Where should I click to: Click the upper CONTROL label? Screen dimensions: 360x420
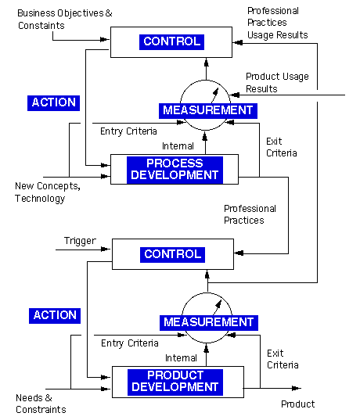tap(171, 41)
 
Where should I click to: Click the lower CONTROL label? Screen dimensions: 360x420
tap(172, 254)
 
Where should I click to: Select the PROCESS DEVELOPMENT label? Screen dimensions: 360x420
tap(175, 170)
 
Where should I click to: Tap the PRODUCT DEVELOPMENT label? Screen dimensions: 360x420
tap(175, 382)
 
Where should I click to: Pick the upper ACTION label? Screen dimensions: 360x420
tap(54, 103)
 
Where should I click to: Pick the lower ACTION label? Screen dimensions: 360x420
tap(55, 315)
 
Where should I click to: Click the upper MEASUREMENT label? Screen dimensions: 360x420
tap(208, 110)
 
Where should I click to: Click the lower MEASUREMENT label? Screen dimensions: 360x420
tap(209, 323)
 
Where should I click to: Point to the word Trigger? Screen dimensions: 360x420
tap(80, 241)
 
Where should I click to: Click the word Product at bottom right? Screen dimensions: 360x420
tap(298, 404)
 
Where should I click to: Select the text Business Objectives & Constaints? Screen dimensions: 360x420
tap(65, 20)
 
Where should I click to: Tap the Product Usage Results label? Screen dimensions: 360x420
tap(277, 82)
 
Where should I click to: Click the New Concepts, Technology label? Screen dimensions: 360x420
tap(48, 192)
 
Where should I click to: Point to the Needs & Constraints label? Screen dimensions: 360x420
tap(41, 404)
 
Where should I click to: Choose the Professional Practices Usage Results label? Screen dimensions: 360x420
tap(278, 23)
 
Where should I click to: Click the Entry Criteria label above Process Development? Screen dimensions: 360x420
tap(128, 131)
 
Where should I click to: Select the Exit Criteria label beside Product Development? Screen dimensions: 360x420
tap(283, 359)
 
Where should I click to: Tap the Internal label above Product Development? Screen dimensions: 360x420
tap(181, 358)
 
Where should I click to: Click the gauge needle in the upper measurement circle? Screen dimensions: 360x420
tap(215, 95)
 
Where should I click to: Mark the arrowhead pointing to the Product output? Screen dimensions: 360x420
tap(296, 388)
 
